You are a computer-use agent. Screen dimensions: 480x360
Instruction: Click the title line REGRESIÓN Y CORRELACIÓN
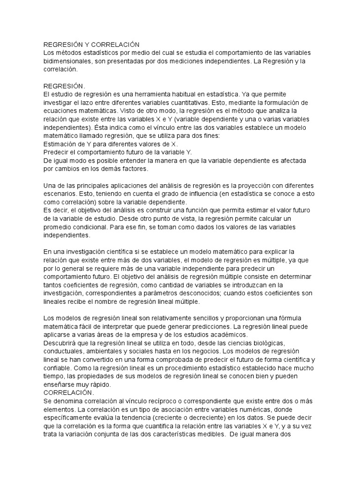click(x=91, y=45)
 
